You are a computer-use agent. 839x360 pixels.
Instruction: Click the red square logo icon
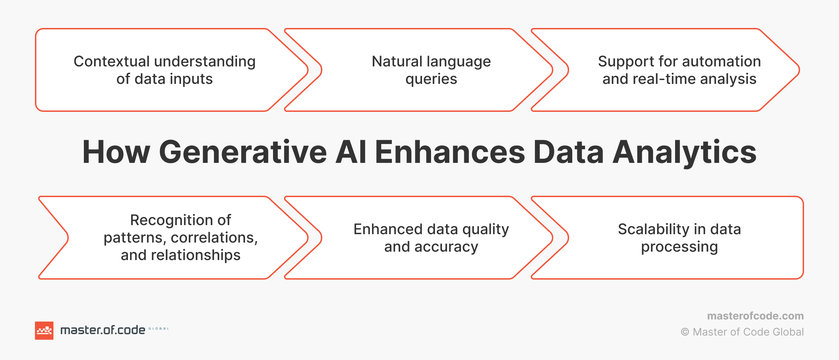(44, 331)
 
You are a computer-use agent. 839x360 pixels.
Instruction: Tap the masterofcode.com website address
(755, 316)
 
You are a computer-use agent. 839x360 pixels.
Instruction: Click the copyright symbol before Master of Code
(685, 332)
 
